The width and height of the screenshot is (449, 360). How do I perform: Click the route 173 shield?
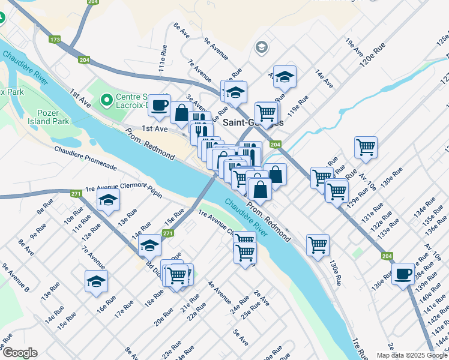coord(56,40)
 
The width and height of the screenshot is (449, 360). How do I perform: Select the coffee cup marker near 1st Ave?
coord(159,105)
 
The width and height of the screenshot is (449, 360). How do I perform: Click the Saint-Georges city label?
coord(253,122)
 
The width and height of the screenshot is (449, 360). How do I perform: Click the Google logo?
coord(19,353)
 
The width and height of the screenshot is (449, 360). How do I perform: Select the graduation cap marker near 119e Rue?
coord(285,76)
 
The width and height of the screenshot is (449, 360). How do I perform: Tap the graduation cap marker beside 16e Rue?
coord(96,281)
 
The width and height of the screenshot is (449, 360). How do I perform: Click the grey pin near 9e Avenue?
coord(262,47)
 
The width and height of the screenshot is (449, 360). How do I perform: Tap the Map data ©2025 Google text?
coord(411,355)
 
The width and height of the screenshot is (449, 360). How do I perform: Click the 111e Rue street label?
coord(163,61)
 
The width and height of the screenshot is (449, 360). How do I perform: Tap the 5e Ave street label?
coord(241,337)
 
